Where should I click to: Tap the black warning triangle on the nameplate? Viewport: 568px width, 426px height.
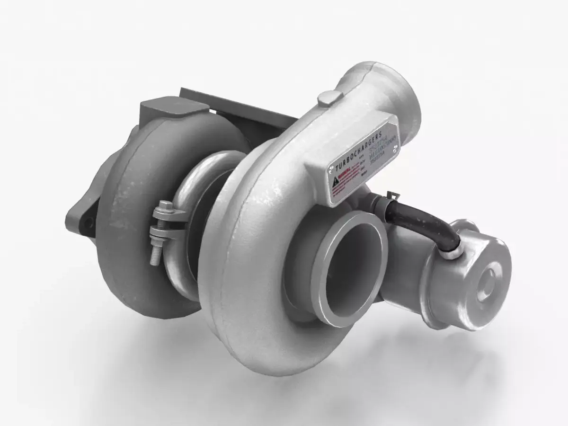(336, 180)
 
